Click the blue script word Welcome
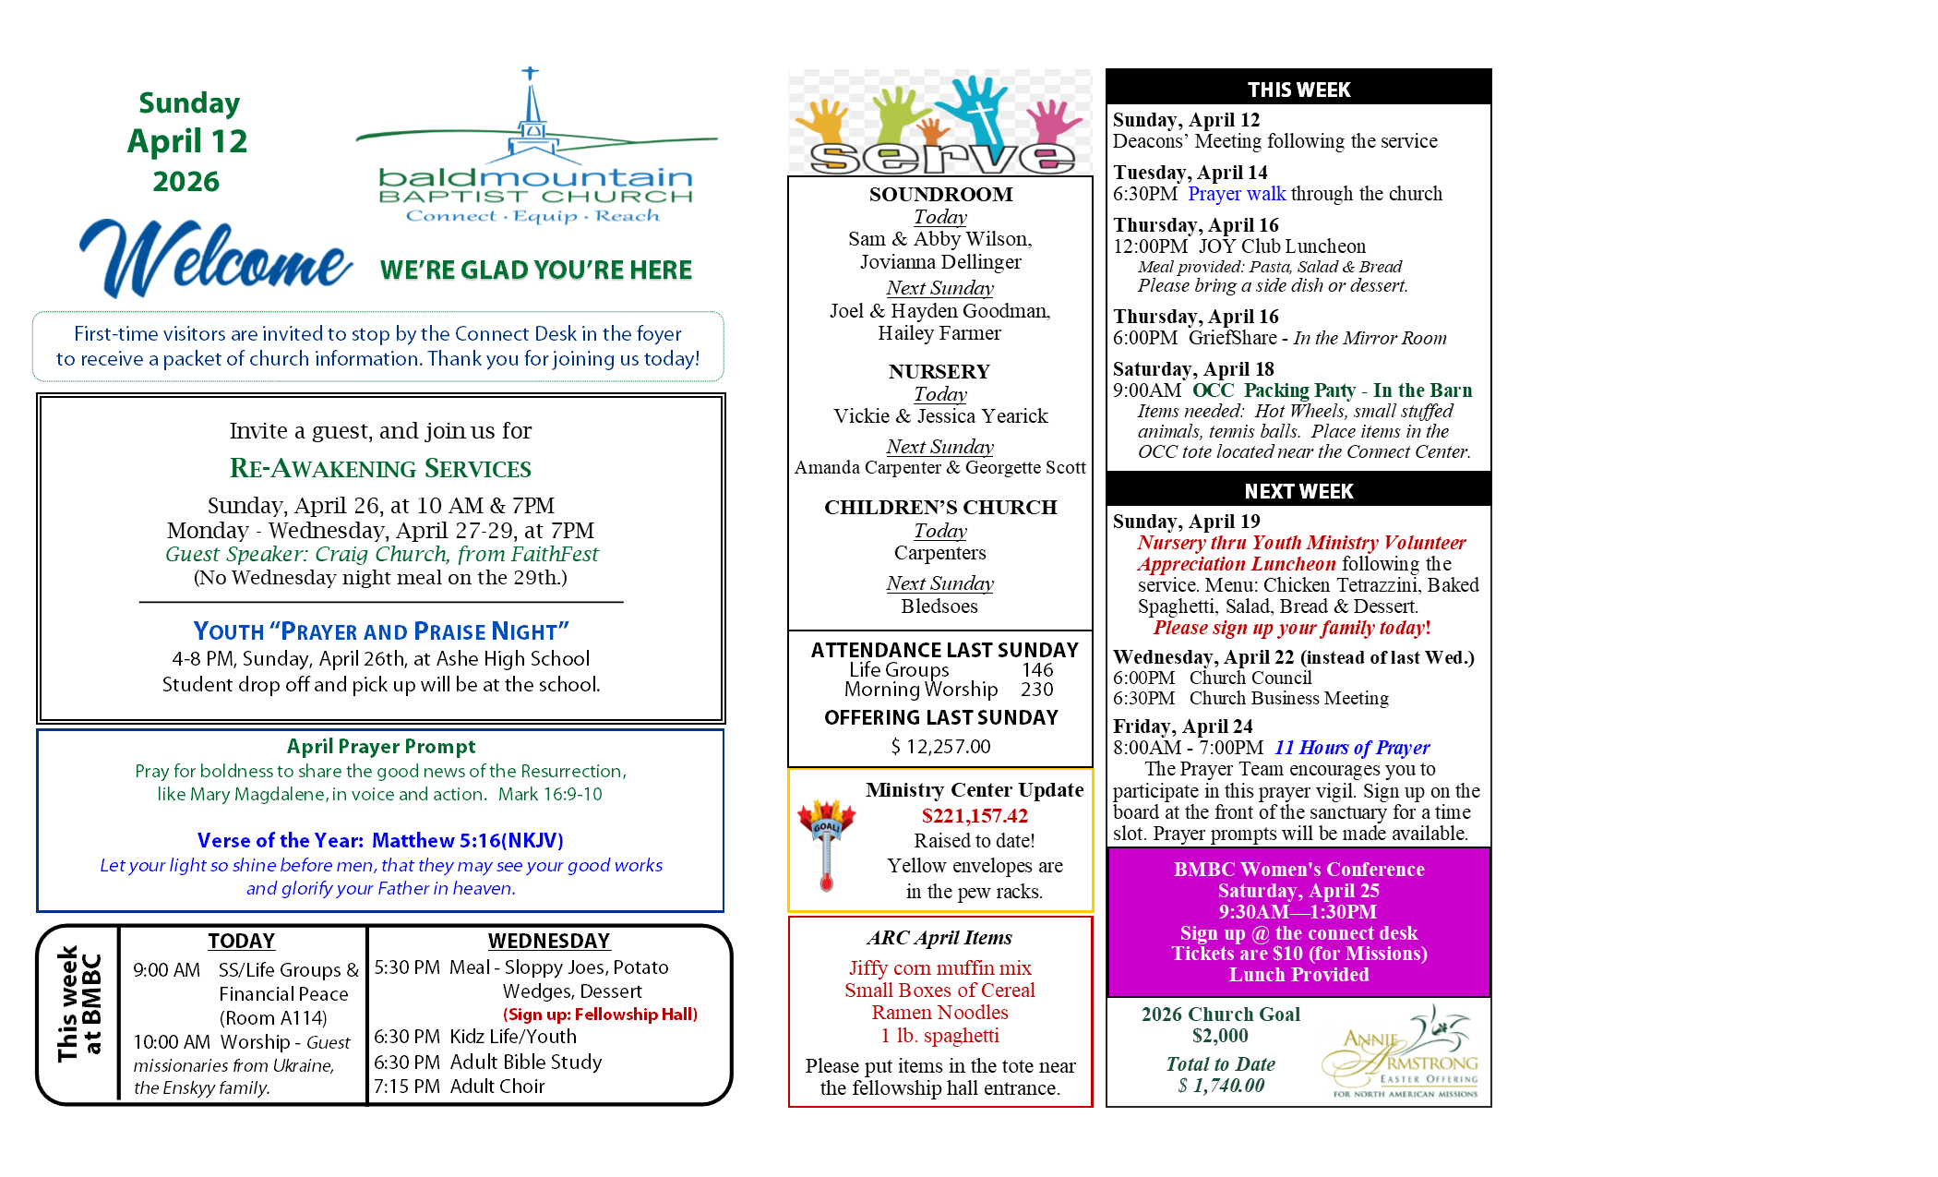(x=216, y=260)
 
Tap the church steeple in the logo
(x=531, y=111)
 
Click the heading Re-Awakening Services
(x=380, y=469)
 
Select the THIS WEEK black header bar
(x=1298, y=89)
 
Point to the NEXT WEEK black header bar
(x=1298, y=490)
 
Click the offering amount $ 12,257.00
(x=940, y=746)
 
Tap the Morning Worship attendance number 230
(x=1036, y=690)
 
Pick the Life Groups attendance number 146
(x=1037, y=669)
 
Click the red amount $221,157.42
(x=975, y=815)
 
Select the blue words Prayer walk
(x=1237, y=194)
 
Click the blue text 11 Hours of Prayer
(x=1352, y=748)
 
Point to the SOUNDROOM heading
(x=940, y=194)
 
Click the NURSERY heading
(x=939, y=371)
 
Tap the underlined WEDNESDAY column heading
(x=549, y=941)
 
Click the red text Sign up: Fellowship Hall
(x=600, y=1014)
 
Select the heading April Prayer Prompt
(x=380, y=746)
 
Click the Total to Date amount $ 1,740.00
(x=1221, y=1086)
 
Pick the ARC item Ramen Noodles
(x=939, y=1013)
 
